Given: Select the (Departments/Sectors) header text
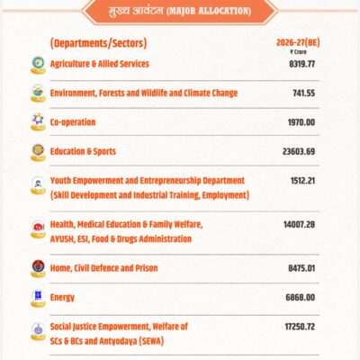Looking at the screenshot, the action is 99,43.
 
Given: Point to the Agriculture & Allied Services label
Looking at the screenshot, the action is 100,64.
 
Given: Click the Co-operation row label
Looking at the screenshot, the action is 73,121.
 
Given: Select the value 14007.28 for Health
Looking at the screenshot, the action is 300,224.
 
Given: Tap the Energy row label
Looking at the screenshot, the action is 63,297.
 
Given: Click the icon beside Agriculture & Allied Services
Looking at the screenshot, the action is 38,64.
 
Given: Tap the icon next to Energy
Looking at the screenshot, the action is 38,296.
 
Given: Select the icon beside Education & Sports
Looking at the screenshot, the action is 38,151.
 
